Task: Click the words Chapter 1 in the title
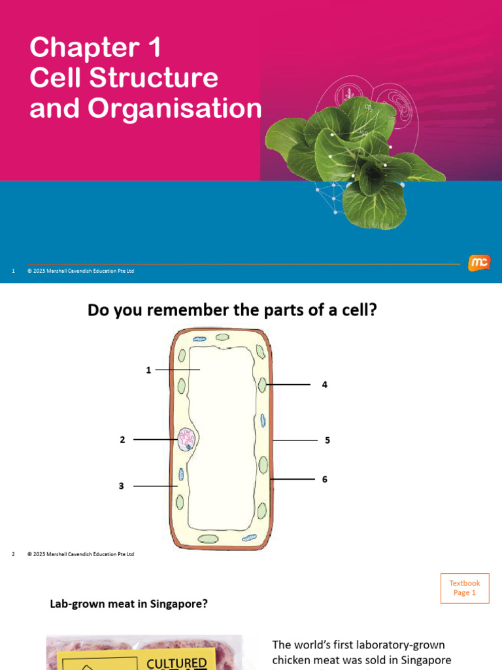tap(95, 48)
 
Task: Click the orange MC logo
tap(478, 263)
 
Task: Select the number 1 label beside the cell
tap(148, 370)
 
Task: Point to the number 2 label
tap(122, 440)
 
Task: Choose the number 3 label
tap(121, 486)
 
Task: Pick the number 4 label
tap(324, 385)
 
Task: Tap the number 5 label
tap(327, 440)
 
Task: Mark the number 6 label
tap(324, 480)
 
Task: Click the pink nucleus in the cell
tap(186, 440)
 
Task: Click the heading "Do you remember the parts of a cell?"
tap(232, 310)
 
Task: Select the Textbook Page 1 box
tap(464, 588)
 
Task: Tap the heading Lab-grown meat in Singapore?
tap(129, 604)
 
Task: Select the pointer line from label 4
tap(288, 385)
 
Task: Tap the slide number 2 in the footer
tap(13, 554)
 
